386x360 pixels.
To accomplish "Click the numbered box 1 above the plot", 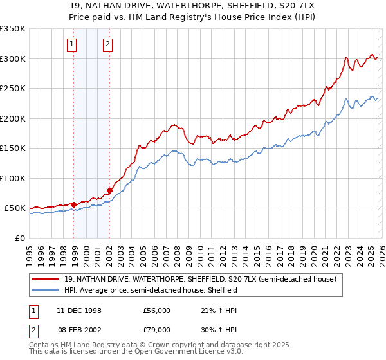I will pos(71,44).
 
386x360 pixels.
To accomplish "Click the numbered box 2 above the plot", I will pos(107,44).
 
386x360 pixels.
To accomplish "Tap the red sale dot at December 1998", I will pos(74,204).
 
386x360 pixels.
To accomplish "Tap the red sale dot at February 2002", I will pos(109,191).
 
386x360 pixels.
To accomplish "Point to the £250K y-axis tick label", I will pos(13,89).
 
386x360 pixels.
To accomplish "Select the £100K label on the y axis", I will pos(13,178).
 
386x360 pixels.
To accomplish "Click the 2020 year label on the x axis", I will pos(313,253).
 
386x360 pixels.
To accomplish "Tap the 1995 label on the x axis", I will pos(30,253).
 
